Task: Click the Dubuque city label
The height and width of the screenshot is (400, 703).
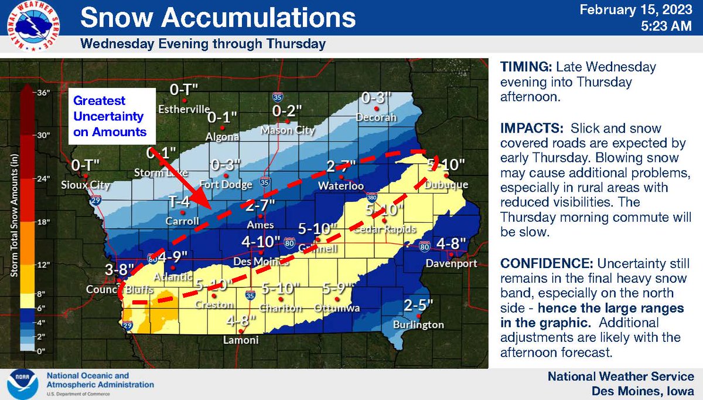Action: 447,185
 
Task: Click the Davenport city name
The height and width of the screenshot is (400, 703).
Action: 448,264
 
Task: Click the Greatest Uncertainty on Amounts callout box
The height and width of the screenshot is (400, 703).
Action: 111,116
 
